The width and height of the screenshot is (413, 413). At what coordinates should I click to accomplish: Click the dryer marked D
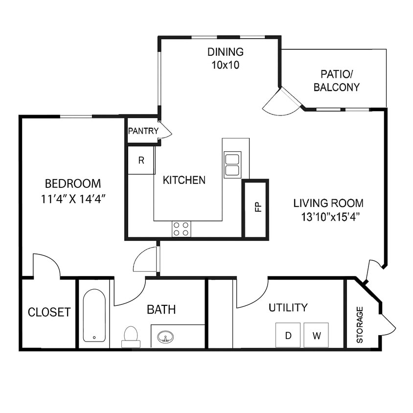pyautogui.click(x=288, y=335)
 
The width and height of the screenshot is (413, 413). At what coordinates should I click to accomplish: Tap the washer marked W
pyautogui.click(x=317, y=335)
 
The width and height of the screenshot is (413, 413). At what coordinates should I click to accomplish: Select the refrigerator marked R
pyautogui.click(x=141, y=161)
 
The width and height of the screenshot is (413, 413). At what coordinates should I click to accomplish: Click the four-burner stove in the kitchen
pyautogui.click(x=181, y=229)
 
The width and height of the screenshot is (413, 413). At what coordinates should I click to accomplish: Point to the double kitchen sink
pyautogui.click(x=232, y=164)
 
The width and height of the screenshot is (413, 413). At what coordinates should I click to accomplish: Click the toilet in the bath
pyautogui.click(x=131, y=336)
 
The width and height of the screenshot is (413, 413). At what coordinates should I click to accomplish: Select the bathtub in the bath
pyautogui.click(x=93, y=315)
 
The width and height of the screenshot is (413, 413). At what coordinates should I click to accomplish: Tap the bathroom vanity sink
pyautogui.click(x=165, y=337)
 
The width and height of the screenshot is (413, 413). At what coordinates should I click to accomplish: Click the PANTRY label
pyautogui.click(x=143, y=131)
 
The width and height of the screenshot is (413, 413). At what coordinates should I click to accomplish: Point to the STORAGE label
pyautogui.click(x=360, y=324)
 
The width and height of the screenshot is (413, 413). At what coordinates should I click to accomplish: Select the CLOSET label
pyautogui.click(x=49, y=312)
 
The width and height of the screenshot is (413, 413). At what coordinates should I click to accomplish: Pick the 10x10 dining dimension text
pyautogui.click(x=225, y=65)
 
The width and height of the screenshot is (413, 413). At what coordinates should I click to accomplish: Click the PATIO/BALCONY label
pyautogui.click(x=336, y=81)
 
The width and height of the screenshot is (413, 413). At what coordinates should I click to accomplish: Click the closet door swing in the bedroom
pyautogui.click(x=46, y=266)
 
